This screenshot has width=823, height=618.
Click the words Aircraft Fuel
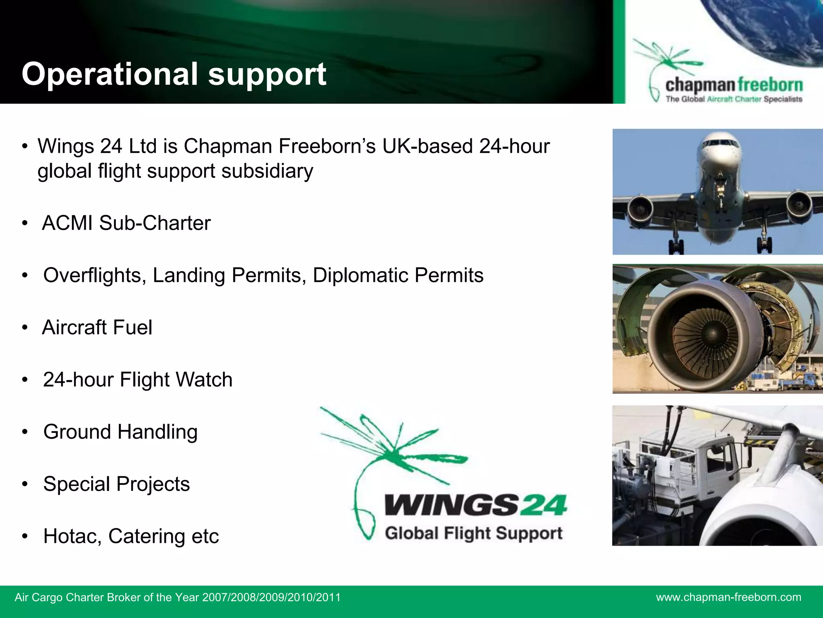[97, 327]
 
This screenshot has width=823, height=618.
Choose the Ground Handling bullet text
[121, 432]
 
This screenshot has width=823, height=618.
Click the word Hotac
[72, 536]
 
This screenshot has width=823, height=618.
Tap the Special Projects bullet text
[117, 484]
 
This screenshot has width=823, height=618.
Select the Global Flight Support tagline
[473, 533]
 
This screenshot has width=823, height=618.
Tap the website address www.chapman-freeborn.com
[729, 597]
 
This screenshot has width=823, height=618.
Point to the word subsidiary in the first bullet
[267, 171]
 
